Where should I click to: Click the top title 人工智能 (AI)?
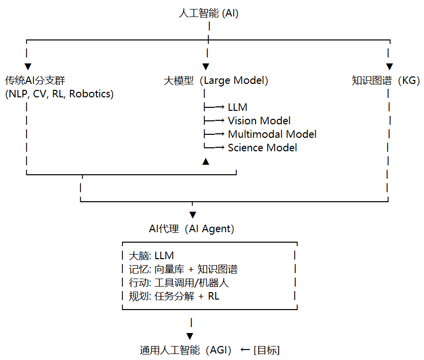(208, 13)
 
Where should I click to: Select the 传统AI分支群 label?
(35, 80)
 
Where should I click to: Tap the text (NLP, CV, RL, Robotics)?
(59, 94)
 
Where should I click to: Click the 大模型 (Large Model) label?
(216, 80)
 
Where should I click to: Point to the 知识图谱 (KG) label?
(386, 80)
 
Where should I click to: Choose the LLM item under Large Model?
(237, 107)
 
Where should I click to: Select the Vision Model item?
(259, 121)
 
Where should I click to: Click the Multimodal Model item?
(272, 134)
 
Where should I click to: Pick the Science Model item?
(262, 148)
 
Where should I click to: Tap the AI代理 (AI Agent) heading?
(191, 229)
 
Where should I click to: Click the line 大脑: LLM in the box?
(151, 256)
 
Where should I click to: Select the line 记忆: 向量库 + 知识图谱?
(183, 269)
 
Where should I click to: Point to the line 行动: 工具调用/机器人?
(179, 283)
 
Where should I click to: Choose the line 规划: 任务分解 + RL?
(174, 296)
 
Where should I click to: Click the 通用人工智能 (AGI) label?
(185, 351)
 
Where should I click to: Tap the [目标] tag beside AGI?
(267, 351)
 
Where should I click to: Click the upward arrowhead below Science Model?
(206, 161)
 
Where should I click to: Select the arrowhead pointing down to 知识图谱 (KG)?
(390, 66)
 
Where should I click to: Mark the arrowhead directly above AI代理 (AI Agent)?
(193, 215)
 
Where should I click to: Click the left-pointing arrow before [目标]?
(245, 350)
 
